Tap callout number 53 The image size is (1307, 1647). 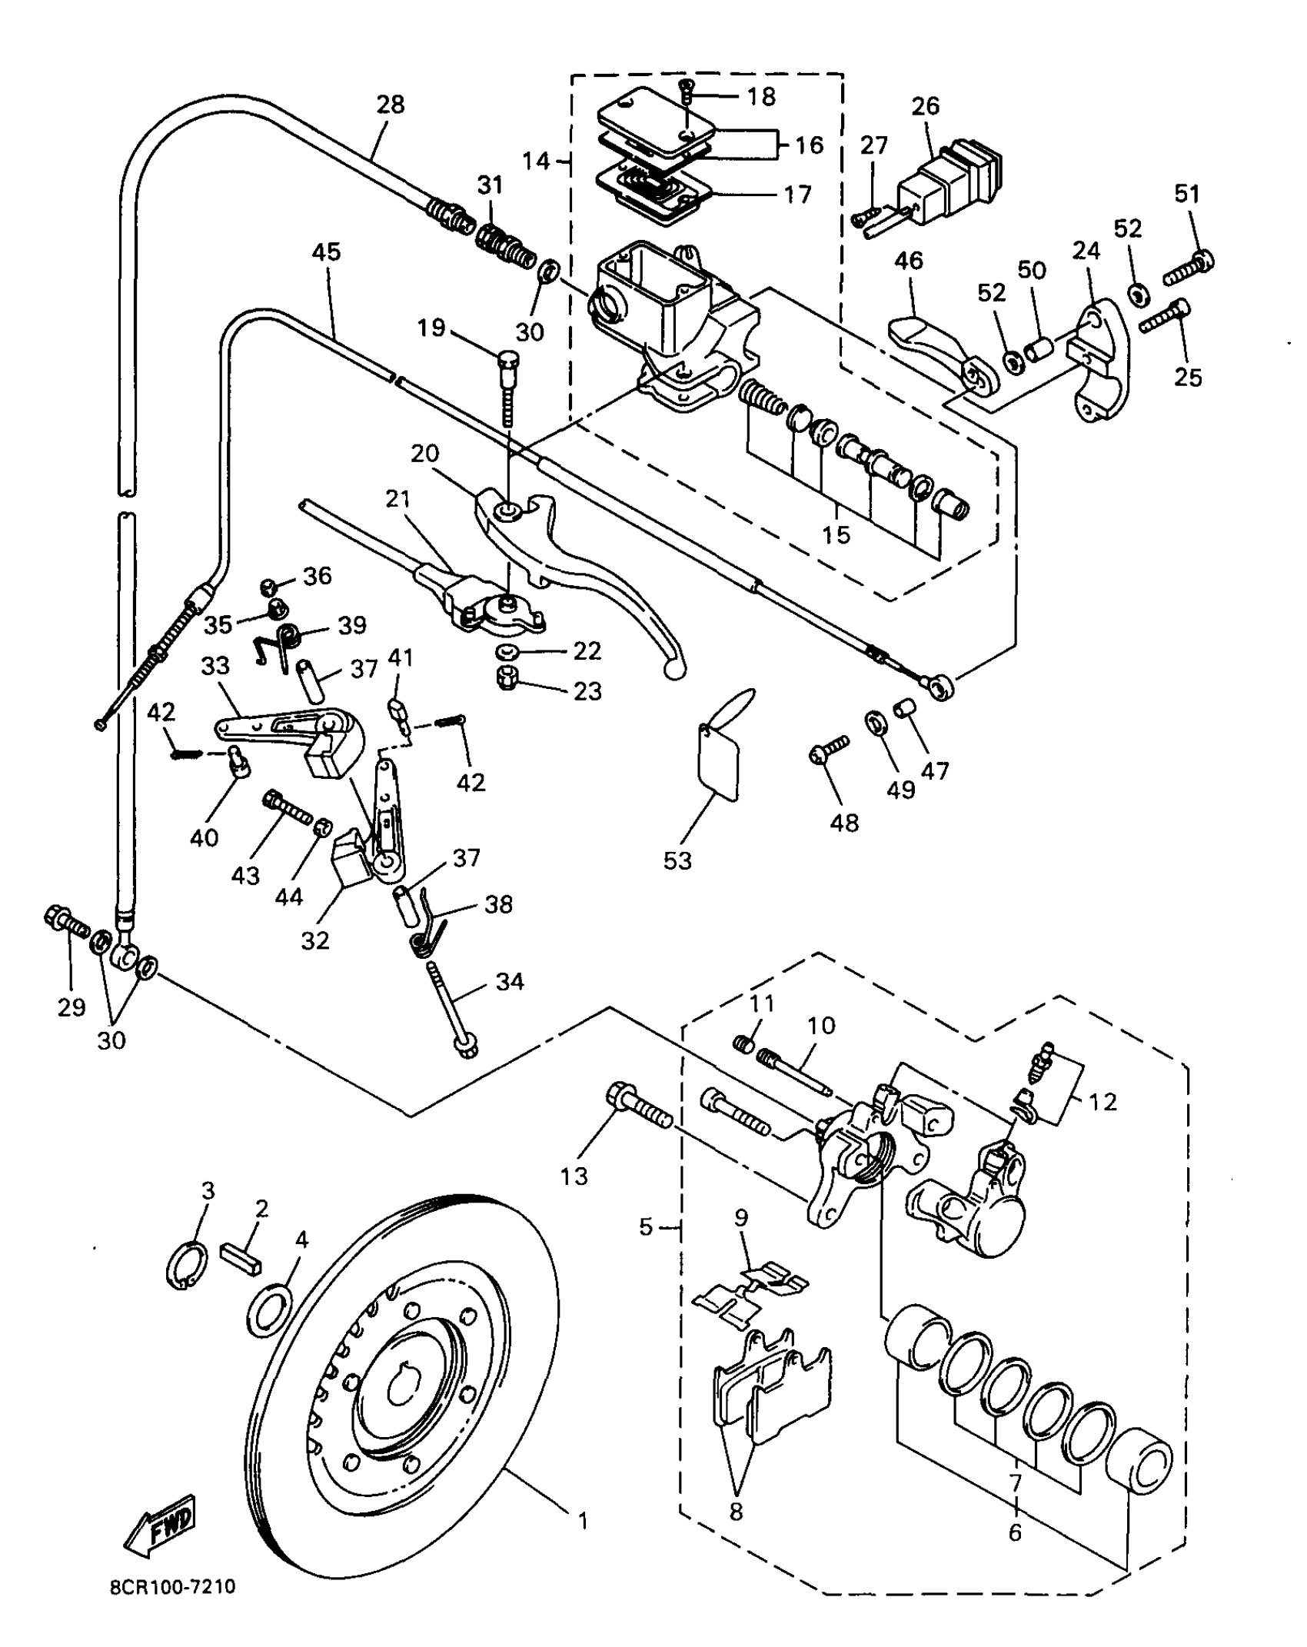[x=677, y=860]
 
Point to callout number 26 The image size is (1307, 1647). [x=926, y=105]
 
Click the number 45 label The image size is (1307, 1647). [x=326, y=252]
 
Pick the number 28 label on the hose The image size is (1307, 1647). [x=391, y=104]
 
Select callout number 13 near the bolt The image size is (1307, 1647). [x=574, y=1176]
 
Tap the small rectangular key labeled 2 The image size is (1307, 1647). [x=242, y=1256]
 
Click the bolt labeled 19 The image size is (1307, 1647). [x=510, y=390]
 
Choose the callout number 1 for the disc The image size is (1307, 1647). [x=583, y=1521]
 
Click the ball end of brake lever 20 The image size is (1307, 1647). [x=673, y=669]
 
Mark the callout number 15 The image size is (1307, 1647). [x=836, y=534]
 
